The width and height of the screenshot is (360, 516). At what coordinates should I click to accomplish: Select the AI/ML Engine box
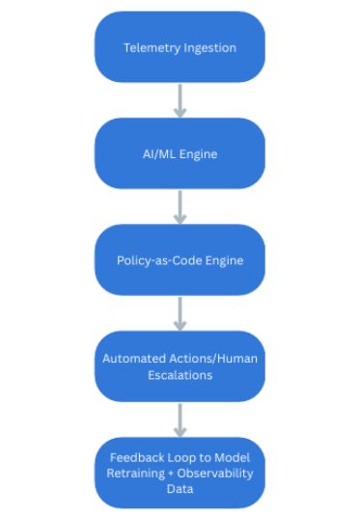tap(180, 152)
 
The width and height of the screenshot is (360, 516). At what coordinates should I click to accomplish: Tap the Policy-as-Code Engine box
tap(180, 259)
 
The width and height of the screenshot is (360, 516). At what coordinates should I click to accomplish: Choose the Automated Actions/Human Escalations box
tap(180, 367)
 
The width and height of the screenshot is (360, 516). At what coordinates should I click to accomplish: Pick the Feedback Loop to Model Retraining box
tap(180, 473)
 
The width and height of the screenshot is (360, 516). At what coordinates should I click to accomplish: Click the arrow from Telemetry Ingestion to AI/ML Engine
tap(180, 99)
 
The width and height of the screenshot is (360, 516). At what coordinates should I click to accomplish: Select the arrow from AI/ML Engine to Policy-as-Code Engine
tap(180, 205)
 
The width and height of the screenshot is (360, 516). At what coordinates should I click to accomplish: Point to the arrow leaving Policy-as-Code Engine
tap(180, 312)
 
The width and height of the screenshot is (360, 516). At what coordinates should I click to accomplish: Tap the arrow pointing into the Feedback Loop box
tap(180, 420)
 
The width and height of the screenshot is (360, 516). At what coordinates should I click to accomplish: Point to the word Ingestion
tap(209, 47)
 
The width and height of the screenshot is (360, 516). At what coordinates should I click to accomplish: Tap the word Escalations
tap(180, 375)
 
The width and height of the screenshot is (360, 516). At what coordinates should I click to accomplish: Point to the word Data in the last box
tap(180, 489)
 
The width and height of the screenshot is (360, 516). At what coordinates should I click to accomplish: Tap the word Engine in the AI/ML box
tap(203, 153)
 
